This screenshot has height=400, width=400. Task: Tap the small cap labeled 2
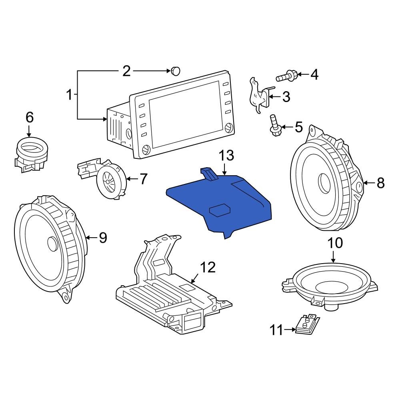[175, 71]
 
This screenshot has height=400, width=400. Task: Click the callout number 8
[380, 183]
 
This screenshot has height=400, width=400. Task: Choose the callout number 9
[103, 238]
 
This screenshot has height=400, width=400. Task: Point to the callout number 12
[207, 267]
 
